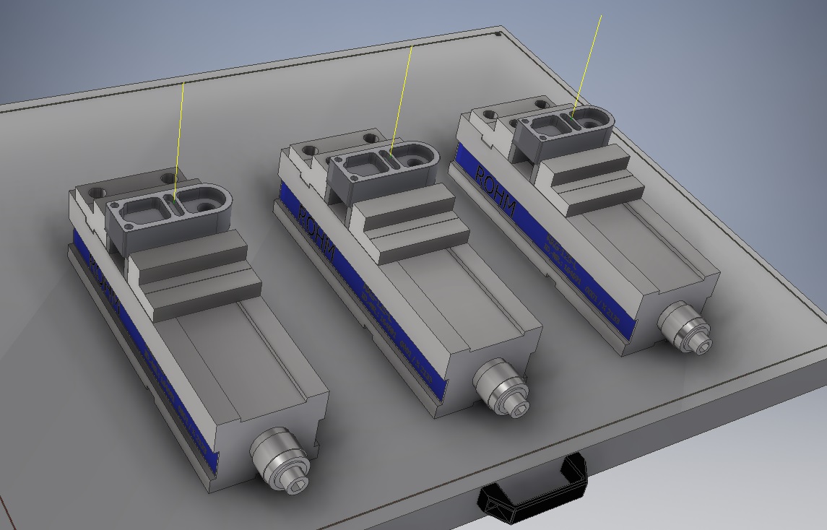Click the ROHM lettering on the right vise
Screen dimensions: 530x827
tap(494, 188)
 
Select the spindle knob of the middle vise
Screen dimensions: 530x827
tap(500, 386)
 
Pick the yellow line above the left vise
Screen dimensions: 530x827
tap(181, 137)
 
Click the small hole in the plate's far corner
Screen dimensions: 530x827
tap(499, 33)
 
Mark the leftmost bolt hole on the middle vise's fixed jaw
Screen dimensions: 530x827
tap(311, 150)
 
